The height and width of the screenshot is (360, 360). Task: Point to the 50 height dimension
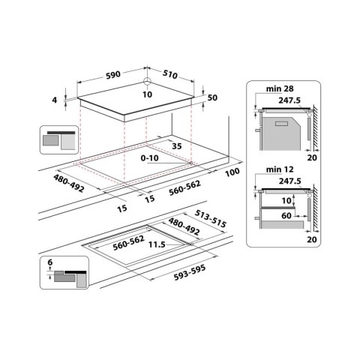(x=212, y=98)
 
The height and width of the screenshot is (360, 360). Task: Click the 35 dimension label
(x=177, y=145)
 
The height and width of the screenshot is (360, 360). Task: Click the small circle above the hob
(x=147, y=82)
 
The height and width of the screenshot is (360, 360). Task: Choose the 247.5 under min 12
(x=289, y=181)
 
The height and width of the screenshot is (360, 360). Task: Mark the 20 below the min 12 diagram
(x=312, y=239)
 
